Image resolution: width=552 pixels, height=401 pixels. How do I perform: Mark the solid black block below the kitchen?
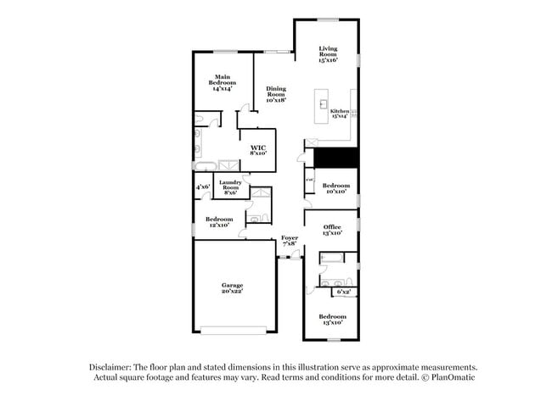pos(335,158)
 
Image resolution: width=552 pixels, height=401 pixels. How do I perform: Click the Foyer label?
pos(290,240)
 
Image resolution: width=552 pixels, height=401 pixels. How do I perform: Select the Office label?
pos(333,230)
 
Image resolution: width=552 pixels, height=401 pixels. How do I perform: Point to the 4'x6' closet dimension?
pos(203,187)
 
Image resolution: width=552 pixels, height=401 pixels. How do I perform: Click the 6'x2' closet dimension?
pos(344,292)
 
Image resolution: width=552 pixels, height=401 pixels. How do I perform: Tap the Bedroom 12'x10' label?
pos(218,221)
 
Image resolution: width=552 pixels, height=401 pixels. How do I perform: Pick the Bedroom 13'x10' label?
pos(331,319)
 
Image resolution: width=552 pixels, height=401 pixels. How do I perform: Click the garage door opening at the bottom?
pos(233,331)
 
